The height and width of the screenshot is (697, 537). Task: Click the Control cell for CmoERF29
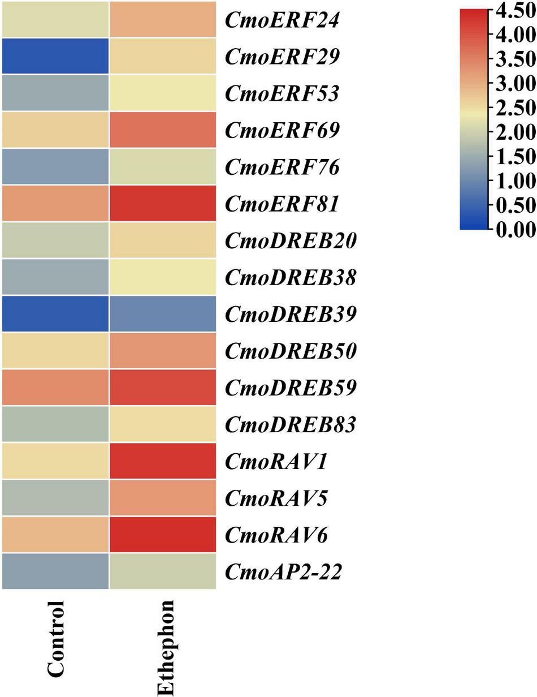coord(55,56)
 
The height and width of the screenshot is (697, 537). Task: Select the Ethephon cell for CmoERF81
coord(163,203)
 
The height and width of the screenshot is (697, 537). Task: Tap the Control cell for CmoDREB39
coord(55,313)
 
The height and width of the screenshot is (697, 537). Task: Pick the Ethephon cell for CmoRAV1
coord(163,461)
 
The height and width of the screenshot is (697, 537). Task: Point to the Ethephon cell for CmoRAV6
coord(163,535)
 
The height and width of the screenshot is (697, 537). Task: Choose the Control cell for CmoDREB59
coord(55,388)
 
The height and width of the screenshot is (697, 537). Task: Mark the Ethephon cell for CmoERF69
coord(163,130)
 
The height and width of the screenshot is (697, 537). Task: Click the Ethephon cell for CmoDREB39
coord(163,313)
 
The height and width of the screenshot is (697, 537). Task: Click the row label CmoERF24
coord(282,20)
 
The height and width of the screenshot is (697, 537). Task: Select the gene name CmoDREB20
coord(291,240)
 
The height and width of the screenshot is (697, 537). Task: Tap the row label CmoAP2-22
coord(283,572)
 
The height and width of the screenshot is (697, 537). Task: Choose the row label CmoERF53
coord(282,93)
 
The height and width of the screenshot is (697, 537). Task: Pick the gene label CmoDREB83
coord(291,424)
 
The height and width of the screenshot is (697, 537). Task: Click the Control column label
coord(57,639)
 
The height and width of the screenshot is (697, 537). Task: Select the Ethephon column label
coord(165,647)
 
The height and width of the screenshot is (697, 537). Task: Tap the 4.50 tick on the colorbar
coord(511,12)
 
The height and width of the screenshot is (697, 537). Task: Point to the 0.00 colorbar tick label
coord(511,229)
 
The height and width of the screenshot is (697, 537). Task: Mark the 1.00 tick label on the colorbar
coord(511,181)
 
